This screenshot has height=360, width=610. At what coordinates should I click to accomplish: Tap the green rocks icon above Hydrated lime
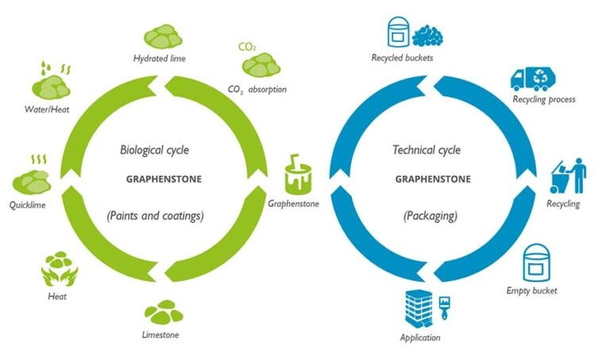163,37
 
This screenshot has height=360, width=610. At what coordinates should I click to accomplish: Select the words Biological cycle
154,149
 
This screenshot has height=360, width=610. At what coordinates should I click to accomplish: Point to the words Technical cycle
427,149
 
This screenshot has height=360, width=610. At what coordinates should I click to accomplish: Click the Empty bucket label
532,290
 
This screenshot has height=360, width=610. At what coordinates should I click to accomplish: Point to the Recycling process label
544,99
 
